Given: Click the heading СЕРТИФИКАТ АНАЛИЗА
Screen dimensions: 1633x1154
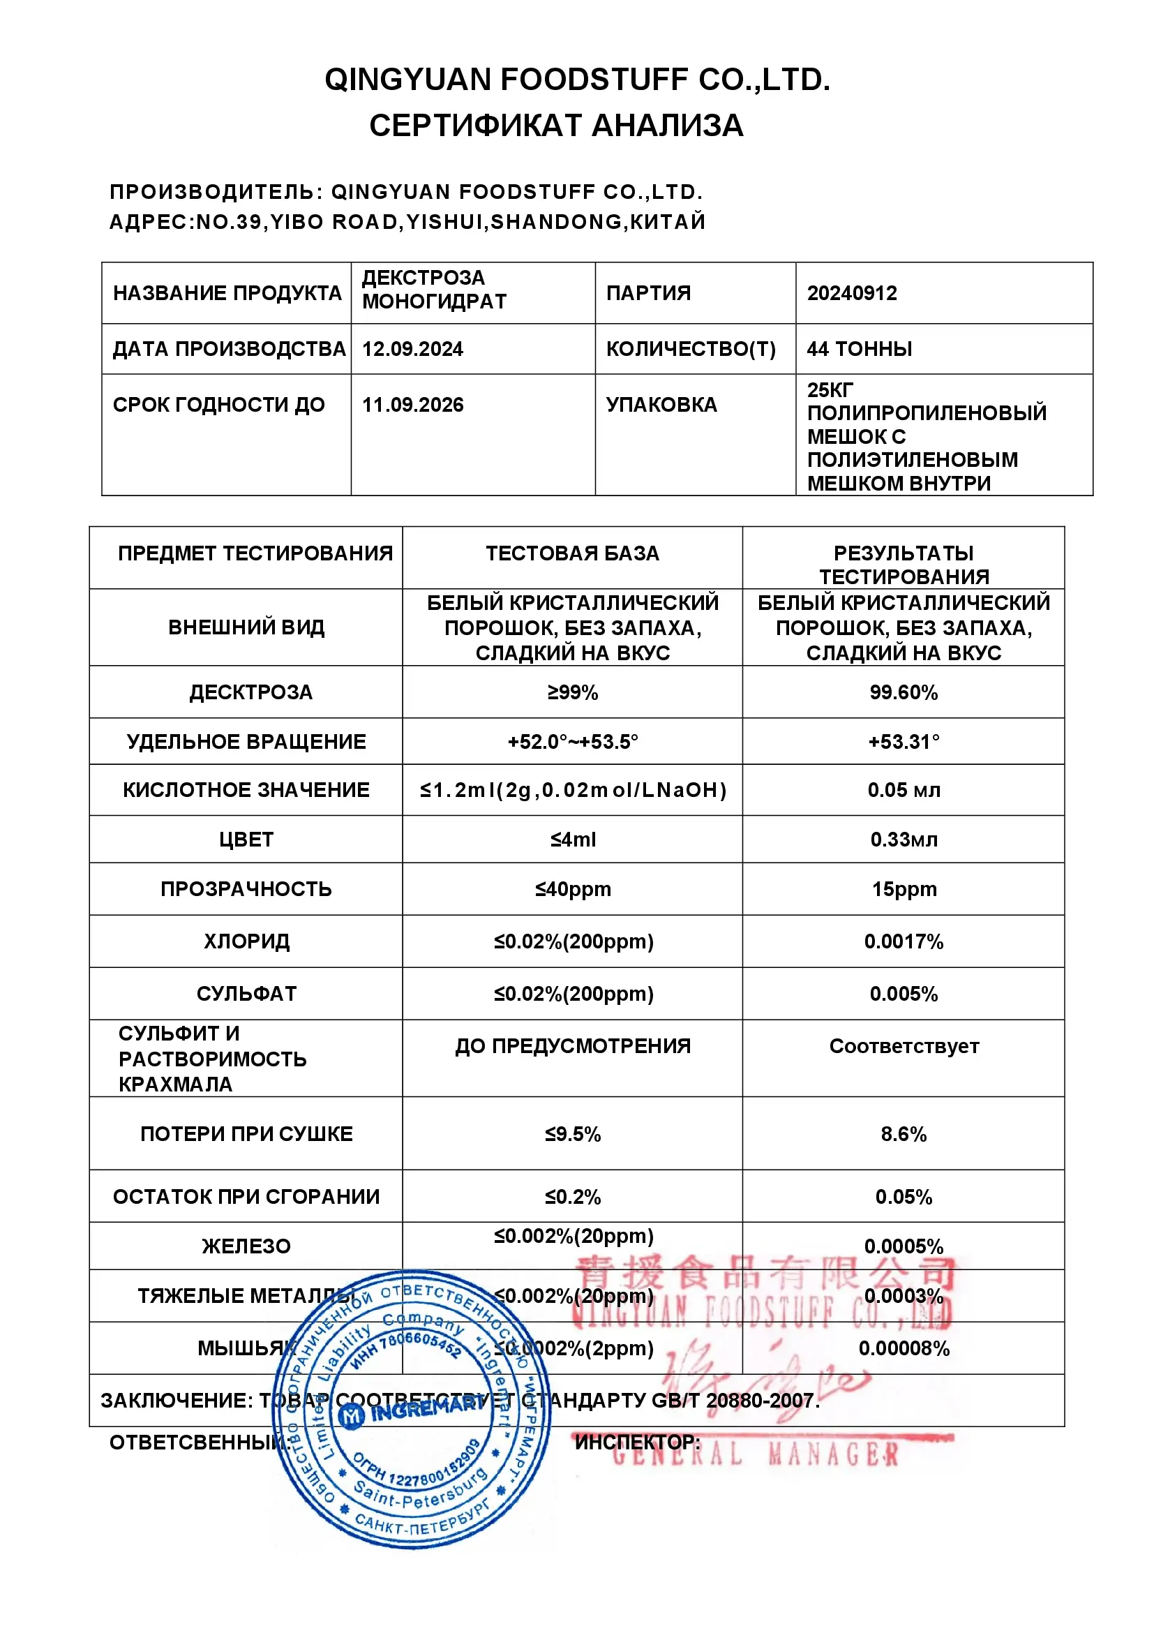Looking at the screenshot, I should [x=556, y=126].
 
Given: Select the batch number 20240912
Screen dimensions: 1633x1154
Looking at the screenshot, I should [x=852, y=293].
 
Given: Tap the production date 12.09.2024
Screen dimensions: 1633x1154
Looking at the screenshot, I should [x=412, y=349].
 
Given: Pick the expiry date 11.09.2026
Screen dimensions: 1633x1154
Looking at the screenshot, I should [x=412, y=405].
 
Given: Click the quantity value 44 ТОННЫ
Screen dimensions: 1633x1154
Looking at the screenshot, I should [x=859, y=349].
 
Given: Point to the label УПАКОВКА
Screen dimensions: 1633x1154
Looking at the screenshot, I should [x=661, y=405].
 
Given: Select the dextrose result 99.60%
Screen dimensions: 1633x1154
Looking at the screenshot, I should [x=903, y=693].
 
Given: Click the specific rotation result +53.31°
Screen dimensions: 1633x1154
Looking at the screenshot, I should [x=903, y=742].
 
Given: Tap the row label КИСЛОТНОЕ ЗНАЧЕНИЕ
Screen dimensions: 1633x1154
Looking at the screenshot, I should [x=246, y=790].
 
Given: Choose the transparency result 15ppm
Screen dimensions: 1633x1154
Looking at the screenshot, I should [x=904, y=889].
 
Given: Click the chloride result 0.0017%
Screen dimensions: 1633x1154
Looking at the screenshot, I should [x=903, y=941].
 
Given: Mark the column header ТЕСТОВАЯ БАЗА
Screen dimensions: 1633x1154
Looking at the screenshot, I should [x=572, y=553].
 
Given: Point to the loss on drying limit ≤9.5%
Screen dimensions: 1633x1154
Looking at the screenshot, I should [x=572, y=1134].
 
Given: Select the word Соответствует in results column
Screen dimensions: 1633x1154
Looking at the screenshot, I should [x=904, y=1046].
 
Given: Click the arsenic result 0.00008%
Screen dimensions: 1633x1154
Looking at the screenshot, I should [x=904, y=1348].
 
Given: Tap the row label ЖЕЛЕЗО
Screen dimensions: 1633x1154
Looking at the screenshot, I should [x=246, y=1246].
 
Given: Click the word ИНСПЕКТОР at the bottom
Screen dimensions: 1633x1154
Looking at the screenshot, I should [x=636, y=1442].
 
